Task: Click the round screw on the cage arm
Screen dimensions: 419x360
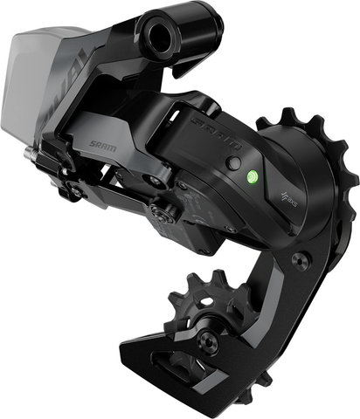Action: click(300, 258)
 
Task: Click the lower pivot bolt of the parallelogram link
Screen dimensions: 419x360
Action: click(160, 209)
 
